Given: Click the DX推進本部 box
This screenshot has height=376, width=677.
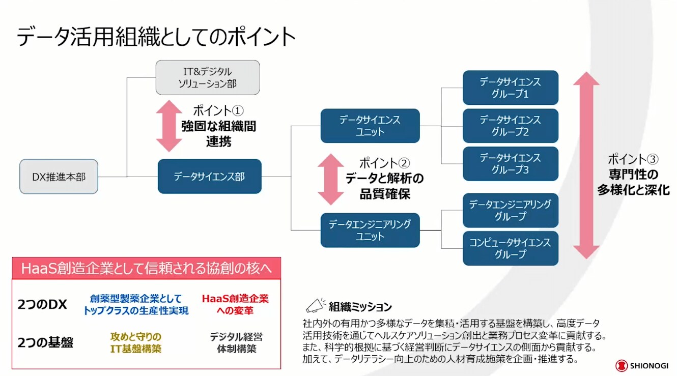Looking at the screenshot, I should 59,177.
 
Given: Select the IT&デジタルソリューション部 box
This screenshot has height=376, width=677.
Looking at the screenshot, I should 208,77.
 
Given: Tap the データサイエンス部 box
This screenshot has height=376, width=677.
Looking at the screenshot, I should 209,177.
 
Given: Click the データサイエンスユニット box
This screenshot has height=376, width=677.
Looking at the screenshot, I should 370,126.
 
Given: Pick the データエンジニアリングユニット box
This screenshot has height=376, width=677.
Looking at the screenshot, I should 370,230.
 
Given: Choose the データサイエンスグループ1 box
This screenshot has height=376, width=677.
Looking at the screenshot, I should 510,88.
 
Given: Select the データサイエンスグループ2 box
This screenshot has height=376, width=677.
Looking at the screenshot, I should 510,126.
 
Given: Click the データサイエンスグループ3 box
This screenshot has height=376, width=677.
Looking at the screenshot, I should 510,164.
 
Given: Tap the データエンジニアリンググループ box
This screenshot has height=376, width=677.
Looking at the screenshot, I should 510,210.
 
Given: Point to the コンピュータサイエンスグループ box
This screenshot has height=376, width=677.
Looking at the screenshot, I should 510,248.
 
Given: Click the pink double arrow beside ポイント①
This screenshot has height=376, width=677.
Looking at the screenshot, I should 168,126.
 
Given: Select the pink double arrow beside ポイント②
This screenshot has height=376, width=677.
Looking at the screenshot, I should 331,179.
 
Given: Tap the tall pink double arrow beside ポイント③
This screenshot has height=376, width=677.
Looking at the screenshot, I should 586,165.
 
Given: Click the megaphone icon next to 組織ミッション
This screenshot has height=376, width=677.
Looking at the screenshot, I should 315,305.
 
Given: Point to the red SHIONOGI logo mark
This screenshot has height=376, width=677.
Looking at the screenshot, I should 622,365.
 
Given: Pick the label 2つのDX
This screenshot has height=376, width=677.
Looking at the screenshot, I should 42,304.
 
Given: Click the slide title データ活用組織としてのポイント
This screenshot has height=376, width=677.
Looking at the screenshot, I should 156,37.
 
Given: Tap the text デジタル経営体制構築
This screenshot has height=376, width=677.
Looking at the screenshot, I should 236,342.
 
